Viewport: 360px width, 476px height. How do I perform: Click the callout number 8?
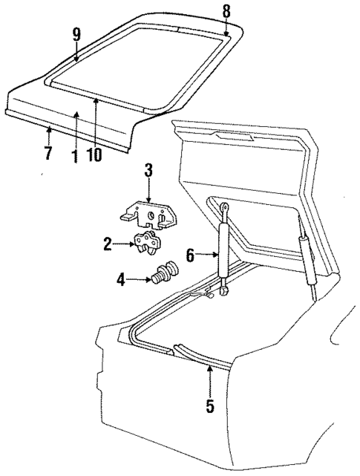point(227,10)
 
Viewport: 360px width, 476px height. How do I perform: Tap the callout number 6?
point(190,255)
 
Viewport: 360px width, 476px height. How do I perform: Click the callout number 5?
point(209,406)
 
